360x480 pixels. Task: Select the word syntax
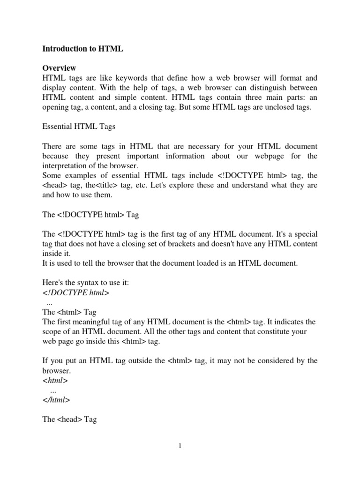pyautogui.click(x=94, y=283)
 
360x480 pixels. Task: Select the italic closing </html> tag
pyautogui.click(x=56, y=400)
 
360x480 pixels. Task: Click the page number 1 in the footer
pyautogui.click(x=180, y=446)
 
